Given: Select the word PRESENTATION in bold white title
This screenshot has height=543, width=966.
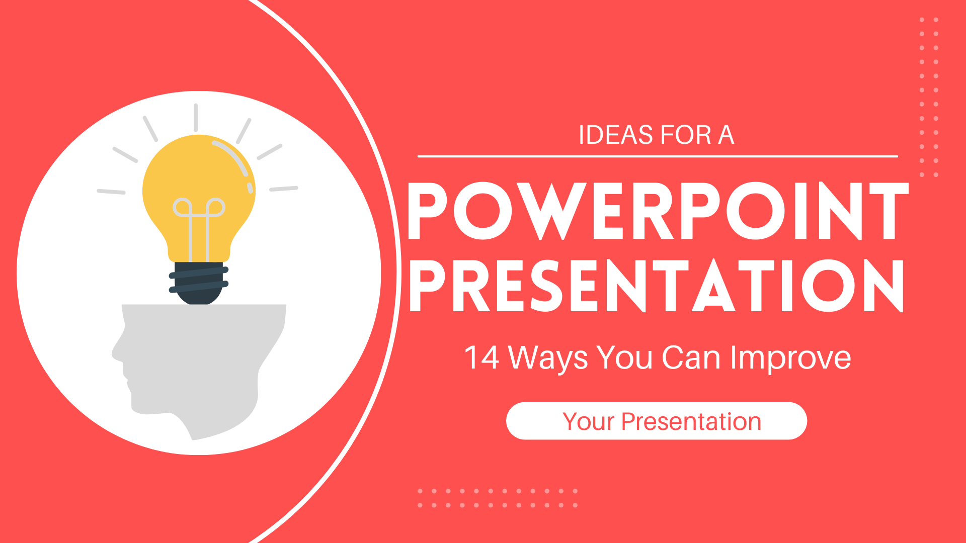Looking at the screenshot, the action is click(657, 286).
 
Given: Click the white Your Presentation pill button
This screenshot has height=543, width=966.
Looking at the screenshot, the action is click(657, 421).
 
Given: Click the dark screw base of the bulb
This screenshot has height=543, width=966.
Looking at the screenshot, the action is click(199, 283).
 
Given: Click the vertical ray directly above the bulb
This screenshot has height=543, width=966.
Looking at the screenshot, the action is click(196, 118).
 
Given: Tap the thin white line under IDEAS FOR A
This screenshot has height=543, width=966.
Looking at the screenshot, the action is click(658, 156).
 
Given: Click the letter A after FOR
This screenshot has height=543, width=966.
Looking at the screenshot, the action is click(726, 135).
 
